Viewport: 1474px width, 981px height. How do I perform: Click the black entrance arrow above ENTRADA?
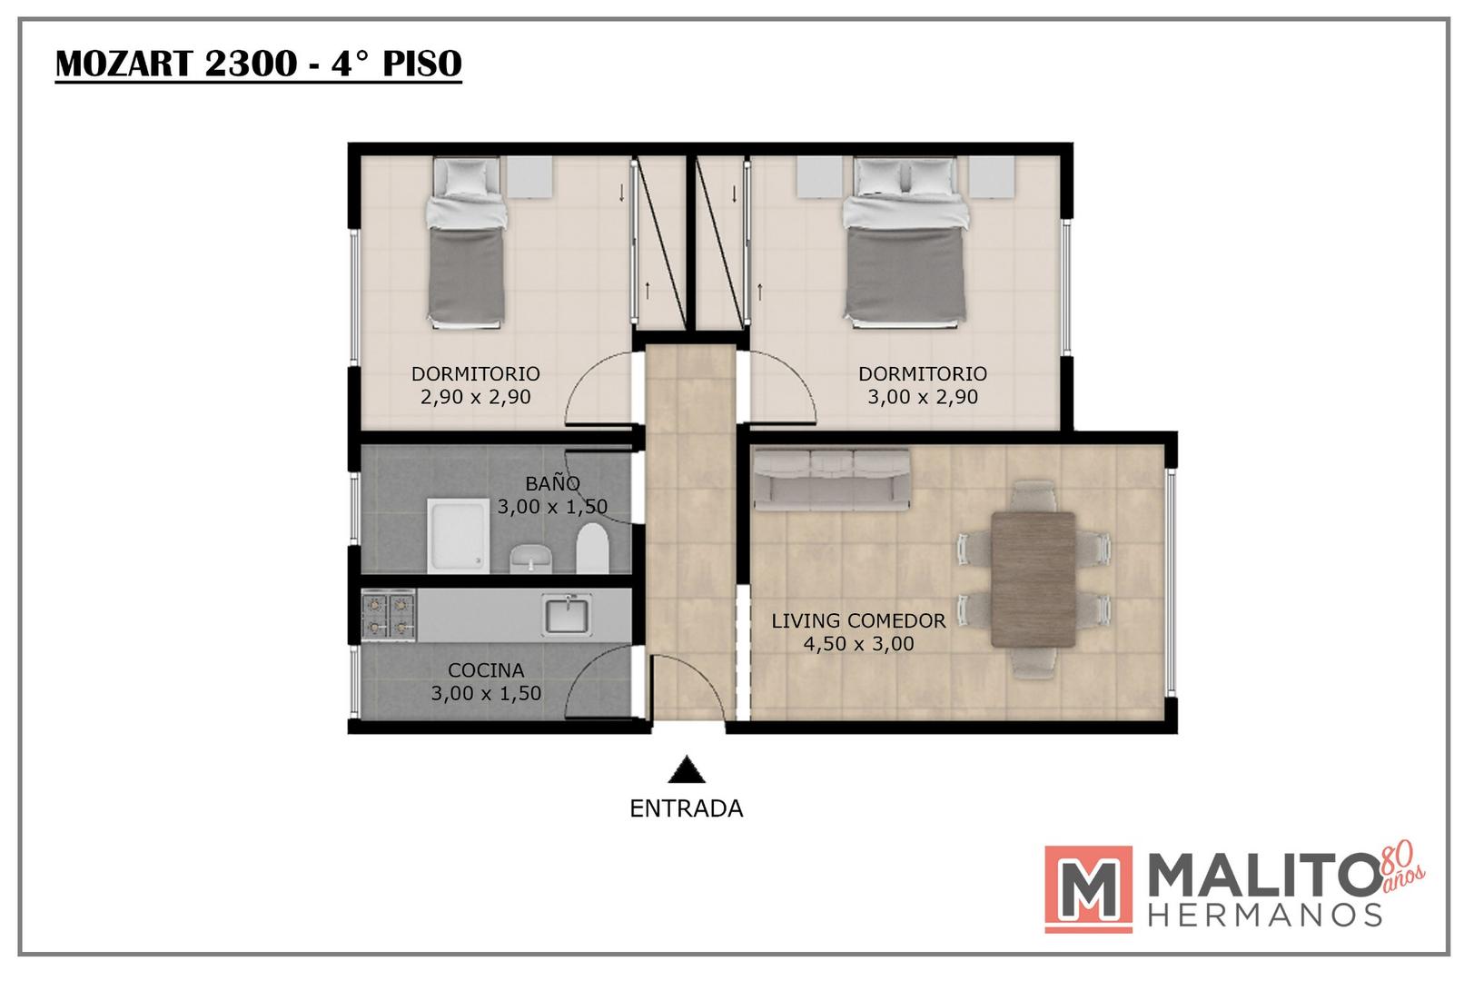pos(687,769)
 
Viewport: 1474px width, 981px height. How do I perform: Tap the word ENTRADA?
pos(687,808)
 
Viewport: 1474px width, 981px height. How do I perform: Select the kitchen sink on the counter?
pos(566,615)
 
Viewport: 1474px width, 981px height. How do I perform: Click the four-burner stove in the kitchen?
pos(389,615)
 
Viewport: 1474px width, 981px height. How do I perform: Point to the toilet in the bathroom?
pos(592,548)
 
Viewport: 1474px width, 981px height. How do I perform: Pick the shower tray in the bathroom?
pos(458,536)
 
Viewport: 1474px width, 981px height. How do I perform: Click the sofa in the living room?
pos(832,480)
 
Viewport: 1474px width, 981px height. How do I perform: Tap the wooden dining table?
pos(1034,580)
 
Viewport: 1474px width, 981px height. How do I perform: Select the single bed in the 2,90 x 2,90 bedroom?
pos(467,243)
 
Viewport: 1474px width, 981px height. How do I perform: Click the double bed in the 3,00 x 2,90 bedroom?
pos(905,243)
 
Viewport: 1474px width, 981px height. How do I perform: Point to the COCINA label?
pos(486,670)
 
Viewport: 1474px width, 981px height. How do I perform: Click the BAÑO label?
pos(552,483)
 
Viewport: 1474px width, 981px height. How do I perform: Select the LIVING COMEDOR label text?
pos(858,620)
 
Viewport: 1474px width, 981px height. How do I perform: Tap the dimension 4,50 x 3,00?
pos(858,643)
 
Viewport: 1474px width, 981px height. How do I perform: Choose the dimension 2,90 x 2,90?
pos(475,397)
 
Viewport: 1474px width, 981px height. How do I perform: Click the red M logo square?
pos(1088,889)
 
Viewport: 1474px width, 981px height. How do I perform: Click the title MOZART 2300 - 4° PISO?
pos(259,64)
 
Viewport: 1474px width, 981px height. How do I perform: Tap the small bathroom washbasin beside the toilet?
pos(531,559)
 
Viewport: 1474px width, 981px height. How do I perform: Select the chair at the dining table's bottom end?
pos(1034,662)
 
